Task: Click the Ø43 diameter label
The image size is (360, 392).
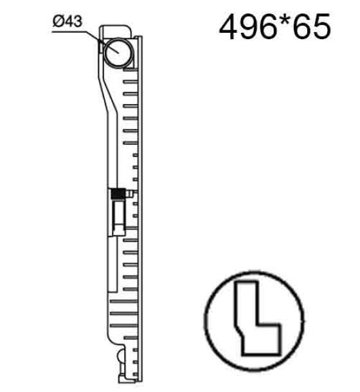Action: (67, 21)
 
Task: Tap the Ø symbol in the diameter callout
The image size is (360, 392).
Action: (58, 21)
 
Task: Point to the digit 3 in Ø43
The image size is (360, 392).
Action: (78, 21)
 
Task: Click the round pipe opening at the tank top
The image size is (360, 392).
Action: (118, 53)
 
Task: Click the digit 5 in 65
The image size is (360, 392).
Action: (321, 26)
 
